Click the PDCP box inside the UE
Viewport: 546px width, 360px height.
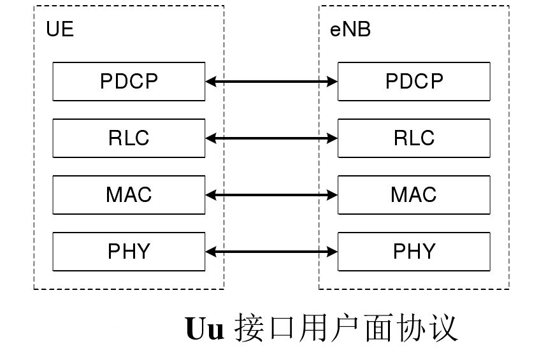coord(129,82)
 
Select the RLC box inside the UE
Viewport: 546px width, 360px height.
coord(129,138)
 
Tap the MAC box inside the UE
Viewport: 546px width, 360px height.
coord(129,194)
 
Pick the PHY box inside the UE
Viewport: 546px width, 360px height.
coord(129,252)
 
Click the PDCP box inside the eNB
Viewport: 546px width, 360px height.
coord(414,82)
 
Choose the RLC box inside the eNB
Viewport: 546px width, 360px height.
coord(414,138)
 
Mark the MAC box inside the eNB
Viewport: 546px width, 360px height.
coord(414,194)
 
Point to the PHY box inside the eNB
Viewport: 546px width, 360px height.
coord(414,252)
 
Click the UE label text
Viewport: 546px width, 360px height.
coord(60,30)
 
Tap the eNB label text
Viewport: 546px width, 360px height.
coord(350,30)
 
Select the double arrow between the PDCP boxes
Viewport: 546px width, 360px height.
coord(271,82)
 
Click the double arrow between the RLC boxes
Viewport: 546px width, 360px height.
coord(271,138)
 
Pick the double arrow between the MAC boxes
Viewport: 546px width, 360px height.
coord(271,194)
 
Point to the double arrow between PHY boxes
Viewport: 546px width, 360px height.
coord(271,252)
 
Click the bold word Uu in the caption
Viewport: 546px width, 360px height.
coord(205,329)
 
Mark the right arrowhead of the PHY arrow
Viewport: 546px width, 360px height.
coord(332,252)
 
